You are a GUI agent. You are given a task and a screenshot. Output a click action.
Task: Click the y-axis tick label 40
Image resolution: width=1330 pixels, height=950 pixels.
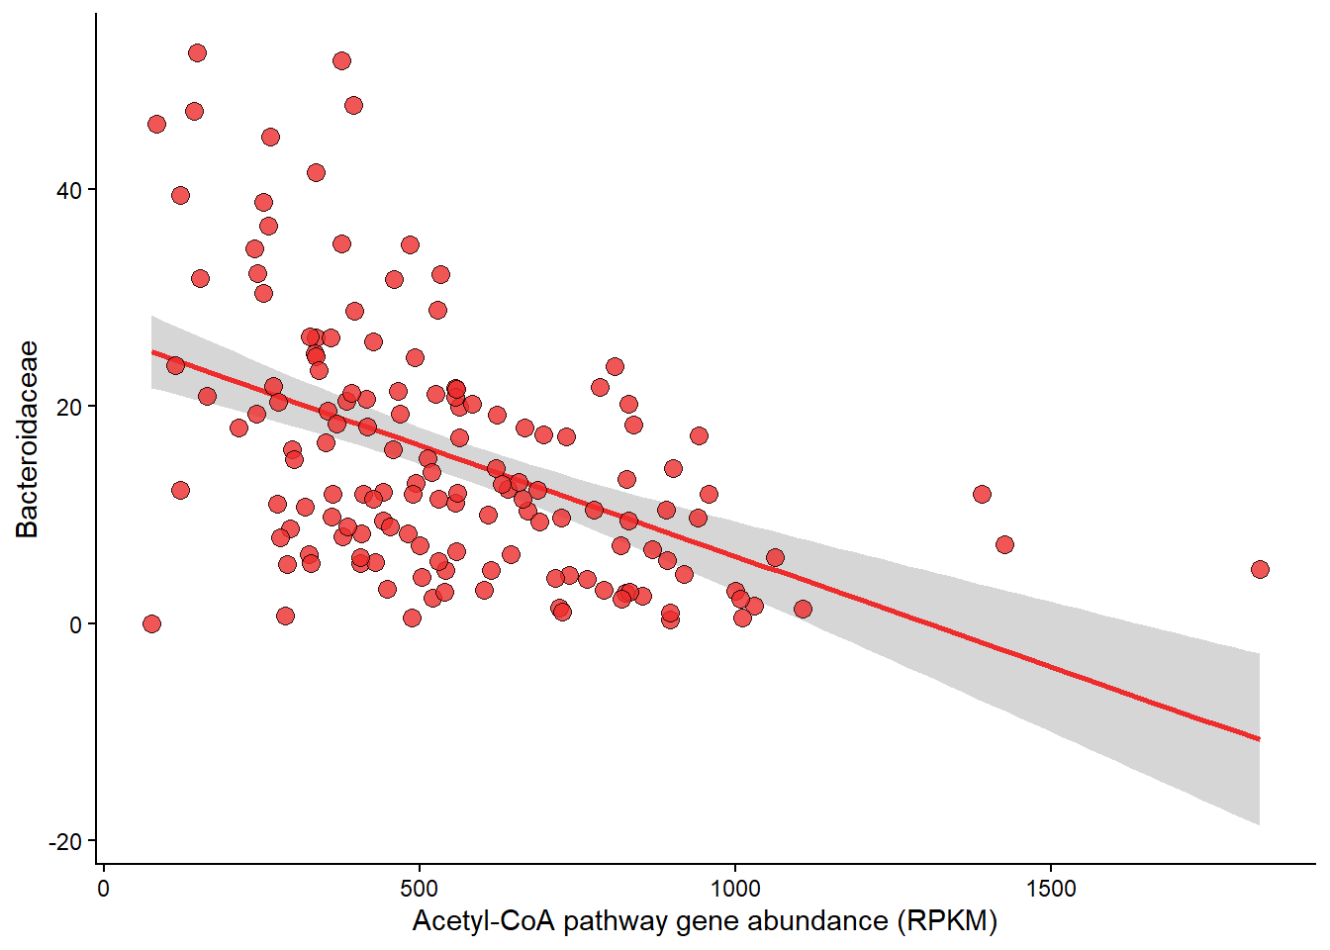[68, 190]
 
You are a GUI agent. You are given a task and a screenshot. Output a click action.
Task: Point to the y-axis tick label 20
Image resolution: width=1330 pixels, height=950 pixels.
[68, 407]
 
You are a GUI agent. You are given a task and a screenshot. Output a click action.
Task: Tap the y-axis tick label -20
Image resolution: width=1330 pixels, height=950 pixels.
[65, 841]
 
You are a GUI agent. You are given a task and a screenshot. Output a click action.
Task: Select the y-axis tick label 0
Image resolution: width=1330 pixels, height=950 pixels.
[75, 624]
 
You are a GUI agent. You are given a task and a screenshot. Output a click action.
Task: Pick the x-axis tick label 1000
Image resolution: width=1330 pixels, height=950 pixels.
[734, 888]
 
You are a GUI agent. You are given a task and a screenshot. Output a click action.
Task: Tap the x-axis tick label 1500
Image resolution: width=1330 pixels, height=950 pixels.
[1050, 888]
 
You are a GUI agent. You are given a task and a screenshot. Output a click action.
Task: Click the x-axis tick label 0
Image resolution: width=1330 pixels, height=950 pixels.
[104, 888]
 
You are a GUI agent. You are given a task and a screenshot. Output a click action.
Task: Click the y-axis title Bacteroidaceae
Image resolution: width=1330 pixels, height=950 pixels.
[27, 439]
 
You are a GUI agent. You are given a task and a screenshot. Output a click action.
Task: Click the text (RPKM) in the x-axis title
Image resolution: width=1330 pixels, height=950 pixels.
[947, 921]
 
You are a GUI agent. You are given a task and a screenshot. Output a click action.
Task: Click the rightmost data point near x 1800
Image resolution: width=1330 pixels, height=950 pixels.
[1260, 569]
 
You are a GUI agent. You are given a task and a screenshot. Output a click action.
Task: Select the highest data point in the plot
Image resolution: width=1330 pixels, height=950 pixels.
[197, 52]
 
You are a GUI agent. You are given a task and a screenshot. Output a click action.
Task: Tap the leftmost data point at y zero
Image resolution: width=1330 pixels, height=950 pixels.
[151, 623]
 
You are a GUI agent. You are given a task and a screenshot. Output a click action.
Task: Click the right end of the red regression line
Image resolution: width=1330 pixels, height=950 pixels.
[1259, 738]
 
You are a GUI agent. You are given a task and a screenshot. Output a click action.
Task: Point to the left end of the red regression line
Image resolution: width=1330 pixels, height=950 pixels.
[152, 351]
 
